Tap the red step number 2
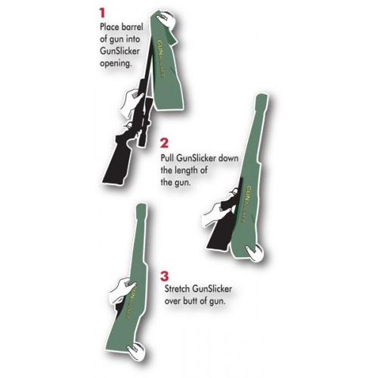[165, 142]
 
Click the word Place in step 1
[110, 26]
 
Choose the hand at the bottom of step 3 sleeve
[136, 348]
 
